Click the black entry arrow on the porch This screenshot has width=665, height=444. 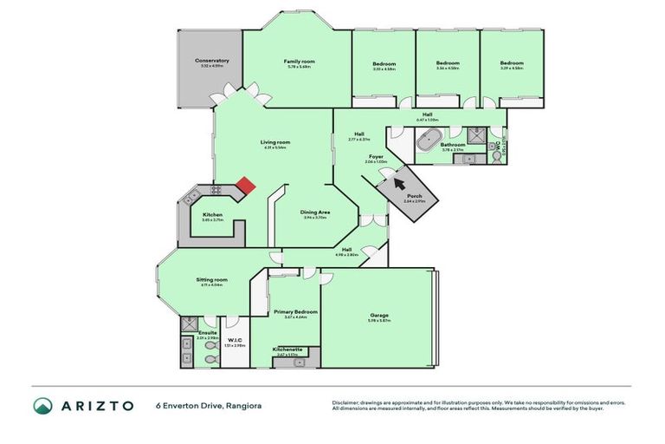pos(398,181)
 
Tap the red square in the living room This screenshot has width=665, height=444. pos(246,185)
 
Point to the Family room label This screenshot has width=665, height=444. pos(298,61)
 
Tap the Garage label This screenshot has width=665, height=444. pos(379,315)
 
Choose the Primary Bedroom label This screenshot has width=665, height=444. pos(295,311)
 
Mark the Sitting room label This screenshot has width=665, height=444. pos(211,279)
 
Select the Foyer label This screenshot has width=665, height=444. pos(376,157)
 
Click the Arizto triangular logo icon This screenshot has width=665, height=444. pos(43,405)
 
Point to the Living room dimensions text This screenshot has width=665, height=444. pos(275,147)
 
